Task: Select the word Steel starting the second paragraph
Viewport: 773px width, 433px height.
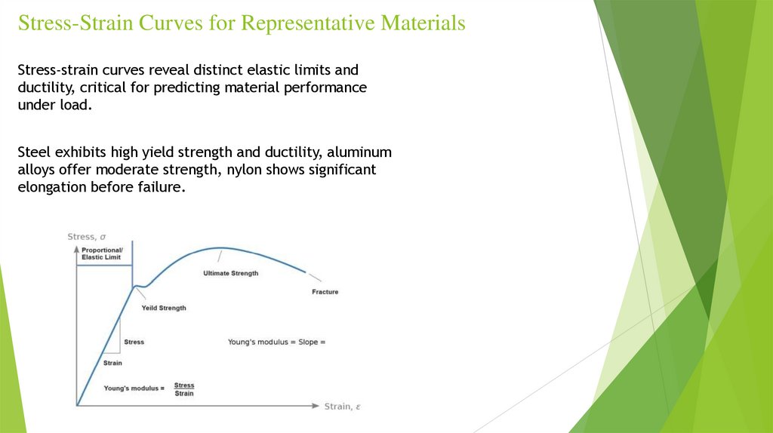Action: (34, 152)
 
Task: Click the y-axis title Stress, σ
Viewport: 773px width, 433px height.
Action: (87, 237)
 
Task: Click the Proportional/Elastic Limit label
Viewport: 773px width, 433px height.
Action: (102, 253)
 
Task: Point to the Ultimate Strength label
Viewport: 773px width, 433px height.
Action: (230, 273)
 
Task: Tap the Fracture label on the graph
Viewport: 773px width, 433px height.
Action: (325, 292)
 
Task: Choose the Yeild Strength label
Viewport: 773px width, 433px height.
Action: (164, 308)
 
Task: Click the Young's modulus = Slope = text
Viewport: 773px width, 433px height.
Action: (276, 342)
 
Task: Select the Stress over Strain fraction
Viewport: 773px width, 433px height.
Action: (184, 389)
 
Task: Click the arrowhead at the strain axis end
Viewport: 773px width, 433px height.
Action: (316, 407)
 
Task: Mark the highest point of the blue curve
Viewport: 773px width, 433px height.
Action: (220, 247)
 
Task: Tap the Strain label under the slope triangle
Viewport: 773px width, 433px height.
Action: (112, 363)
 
